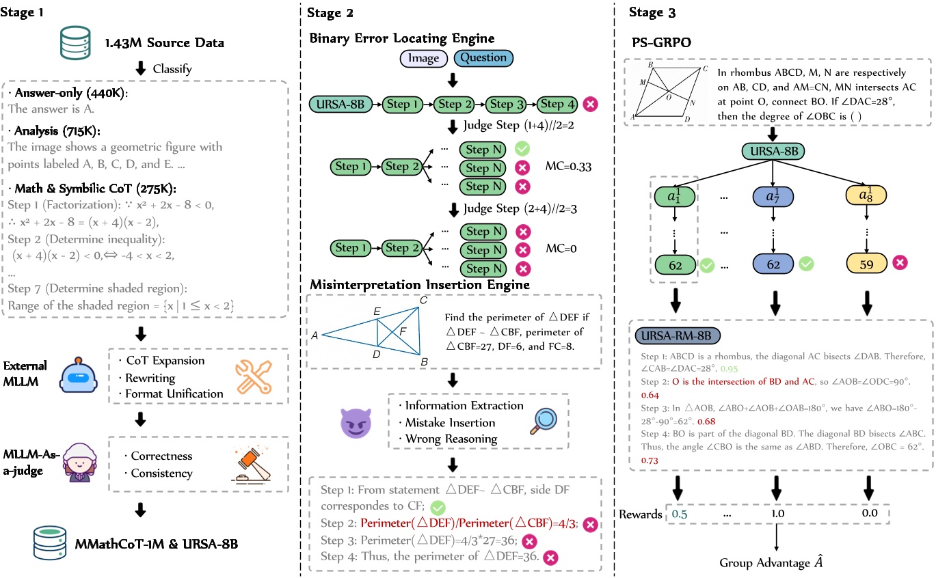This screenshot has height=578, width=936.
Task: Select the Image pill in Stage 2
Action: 423,59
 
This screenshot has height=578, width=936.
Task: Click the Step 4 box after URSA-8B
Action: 555,105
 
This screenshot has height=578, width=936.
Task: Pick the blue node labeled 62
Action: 773,263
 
